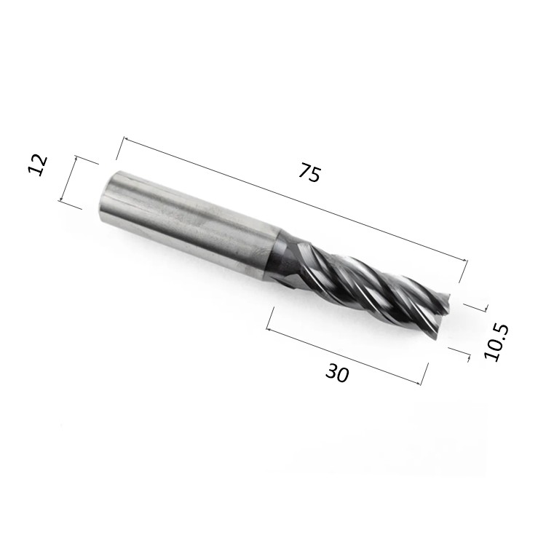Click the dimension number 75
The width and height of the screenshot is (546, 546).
(309, 172)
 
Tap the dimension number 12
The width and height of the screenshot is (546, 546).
(37, 165)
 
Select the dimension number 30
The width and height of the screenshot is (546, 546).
(337, 373)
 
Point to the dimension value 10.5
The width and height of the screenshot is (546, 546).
(496, 342)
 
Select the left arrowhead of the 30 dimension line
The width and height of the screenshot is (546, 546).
(269, 329)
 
